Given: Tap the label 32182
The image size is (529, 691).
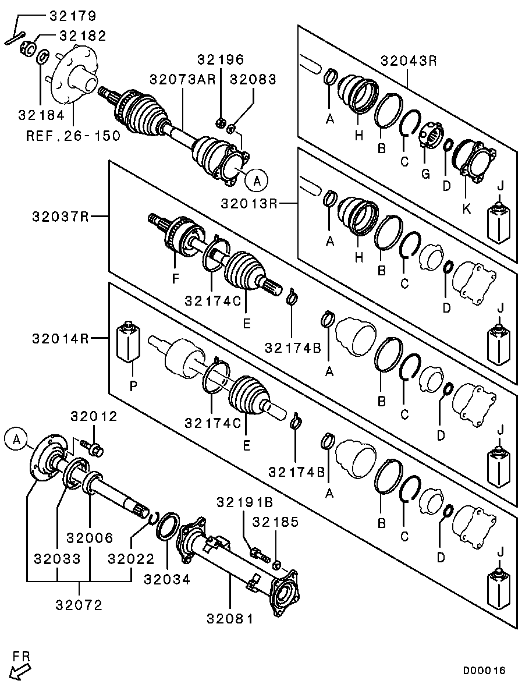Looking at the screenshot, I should coord(83,36).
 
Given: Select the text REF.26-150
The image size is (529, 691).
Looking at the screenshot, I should coord(73,136).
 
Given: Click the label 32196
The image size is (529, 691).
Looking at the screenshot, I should coord(221,59).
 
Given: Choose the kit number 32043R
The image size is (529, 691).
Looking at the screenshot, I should coord(409,60).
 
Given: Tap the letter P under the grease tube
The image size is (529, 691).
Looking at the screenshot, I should coord(133,385).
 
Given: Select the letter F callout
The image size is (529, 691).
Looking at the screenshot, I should coord(175,279).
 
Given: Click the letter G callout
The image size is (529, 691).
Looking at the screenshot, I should coord(425,174).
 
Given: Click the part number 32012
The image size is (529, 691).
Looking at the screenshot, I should coord(94,416).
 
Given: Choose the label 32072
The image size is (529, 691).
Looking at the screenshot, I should coord(79,605).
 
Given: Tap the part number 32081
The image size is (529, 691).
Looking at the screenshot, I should coord(230,619).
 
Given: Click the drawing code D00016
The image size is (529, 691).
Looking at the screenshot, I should coord(484,671).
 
